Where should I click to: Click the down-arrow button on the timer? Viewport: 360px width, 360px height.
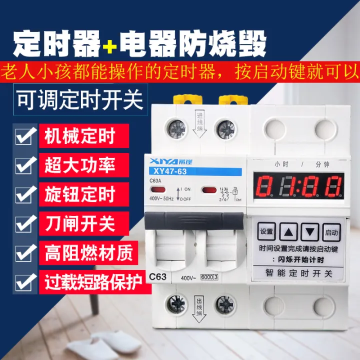pos(310,231)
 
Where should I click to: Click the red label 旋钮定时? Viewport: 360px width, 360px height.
pos(79,194)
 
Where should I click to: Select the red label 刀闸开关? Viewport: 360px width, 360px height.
pos(79,223)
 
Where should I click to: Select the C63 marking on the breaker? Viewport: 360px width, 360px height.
pos(158,276)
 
